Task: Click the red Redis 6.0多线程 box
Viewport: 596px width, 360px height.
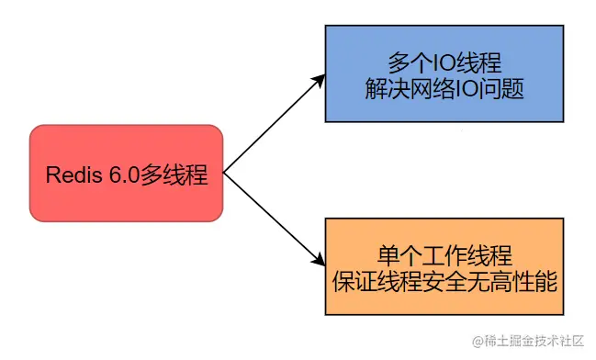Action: [126, 173]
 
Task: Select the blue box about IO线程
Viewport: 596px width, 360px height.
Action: [444, 74]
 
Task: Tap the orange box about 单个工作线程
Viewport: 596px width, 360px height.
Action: [444, 267]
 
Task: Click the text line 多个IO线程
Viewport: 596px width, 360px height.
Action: [444, 62]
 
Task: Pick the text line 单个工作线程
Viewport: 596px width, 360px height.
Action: [444, 254]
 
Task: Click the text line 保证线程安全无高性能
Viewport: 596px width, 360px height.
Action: [444, 281]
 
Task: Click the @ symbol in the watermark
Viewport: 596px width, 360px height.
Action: [478, 342]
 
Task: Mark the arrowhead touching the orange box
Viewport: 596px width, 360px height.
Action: [320, 261]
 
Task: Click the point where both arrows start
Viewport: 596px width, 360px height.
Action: [225, 173]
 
